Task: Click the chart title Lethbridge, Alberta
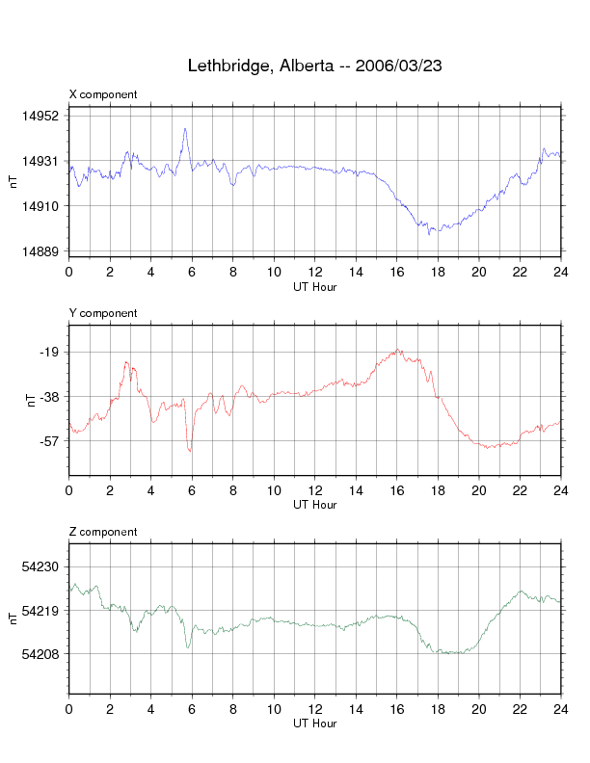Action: (314, 66)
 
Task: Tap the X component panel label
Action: (103, 94)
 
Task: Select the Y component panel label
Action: (103, 313)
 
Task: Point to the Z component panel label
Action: (103, 532)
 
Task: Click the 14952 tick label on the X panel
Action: (40, 116)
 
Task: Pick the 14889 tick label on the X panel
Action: (40, 251)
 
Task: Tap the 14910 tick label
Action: (40, 206)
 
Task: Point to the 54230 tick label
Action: (40, 566)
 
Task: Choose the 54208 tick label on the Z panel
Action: (40, 655)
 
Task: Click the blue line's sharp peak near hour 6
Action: (185, 128)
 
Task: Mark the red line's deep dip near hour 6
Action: (190, 451)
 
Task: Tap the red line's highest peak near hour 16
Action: (397, 350)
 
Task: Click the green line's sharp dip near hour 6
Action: (188, 647)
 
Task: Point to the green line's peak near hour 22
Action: (522, 591)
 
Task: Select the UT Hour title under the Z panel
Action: (314, 724)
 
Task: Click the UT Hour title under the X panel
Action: (314, 286)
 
